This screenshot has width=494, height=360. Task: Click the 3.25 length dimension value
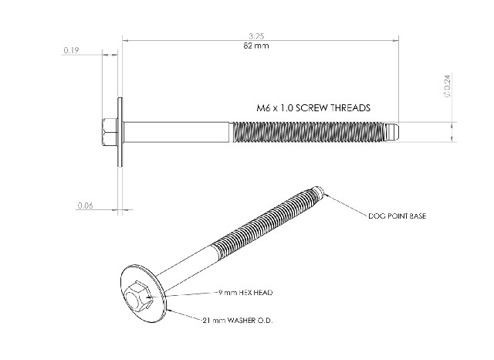point(256,36)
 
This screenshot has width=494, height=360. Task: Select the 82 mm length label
point(256,46)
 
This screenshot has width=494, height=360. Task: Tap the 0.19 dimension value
point(71,50)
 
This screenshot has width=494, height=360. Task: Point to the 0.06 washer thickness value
point(85,205)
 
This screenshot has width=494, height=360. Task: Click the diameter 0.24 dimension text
point(448,86)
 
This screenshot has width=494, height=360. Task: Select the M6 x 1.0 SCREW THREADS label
point(313,108)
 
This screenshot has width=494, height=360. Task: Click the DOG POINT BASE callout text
point(397,216)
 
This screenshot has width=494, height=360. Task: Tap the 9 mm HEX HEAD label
point(245,293)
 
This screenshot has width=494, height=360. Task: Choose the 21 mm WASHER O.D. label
point(238,321)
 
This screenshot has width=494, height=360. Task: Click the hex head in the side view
point(110,132)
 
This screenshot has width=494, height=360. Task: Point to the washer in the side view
point(120,132)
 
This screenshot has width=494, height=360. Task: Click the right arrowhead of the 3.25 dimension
point(396,40)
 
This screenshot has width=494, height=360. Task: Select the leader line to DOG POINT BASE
point(346,205)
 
